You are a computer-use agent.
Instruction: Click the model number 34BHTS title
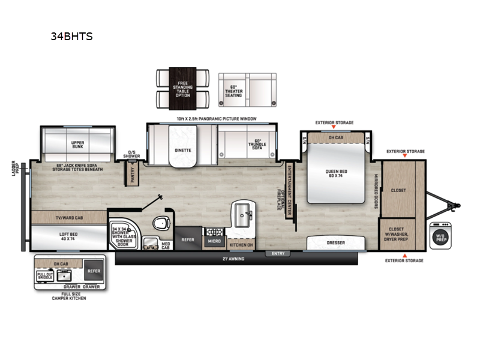(x=72, y=36)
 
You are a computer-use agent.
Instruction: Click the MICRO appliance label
(x=213, y=241)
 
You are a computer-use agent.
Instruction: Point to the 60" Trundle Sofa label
(x=257, y=145)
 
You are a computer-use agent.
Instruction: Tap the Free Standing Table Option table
(x=183, y=88)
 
